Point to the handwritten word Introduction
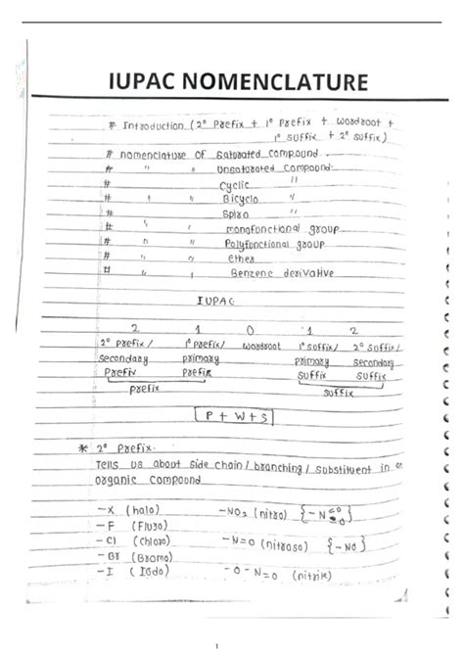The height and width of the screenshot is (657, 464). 157,126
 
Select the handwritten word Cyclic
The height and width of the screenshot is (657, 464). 234,184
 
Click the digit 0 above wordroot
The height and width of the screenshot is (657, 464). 253,331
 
